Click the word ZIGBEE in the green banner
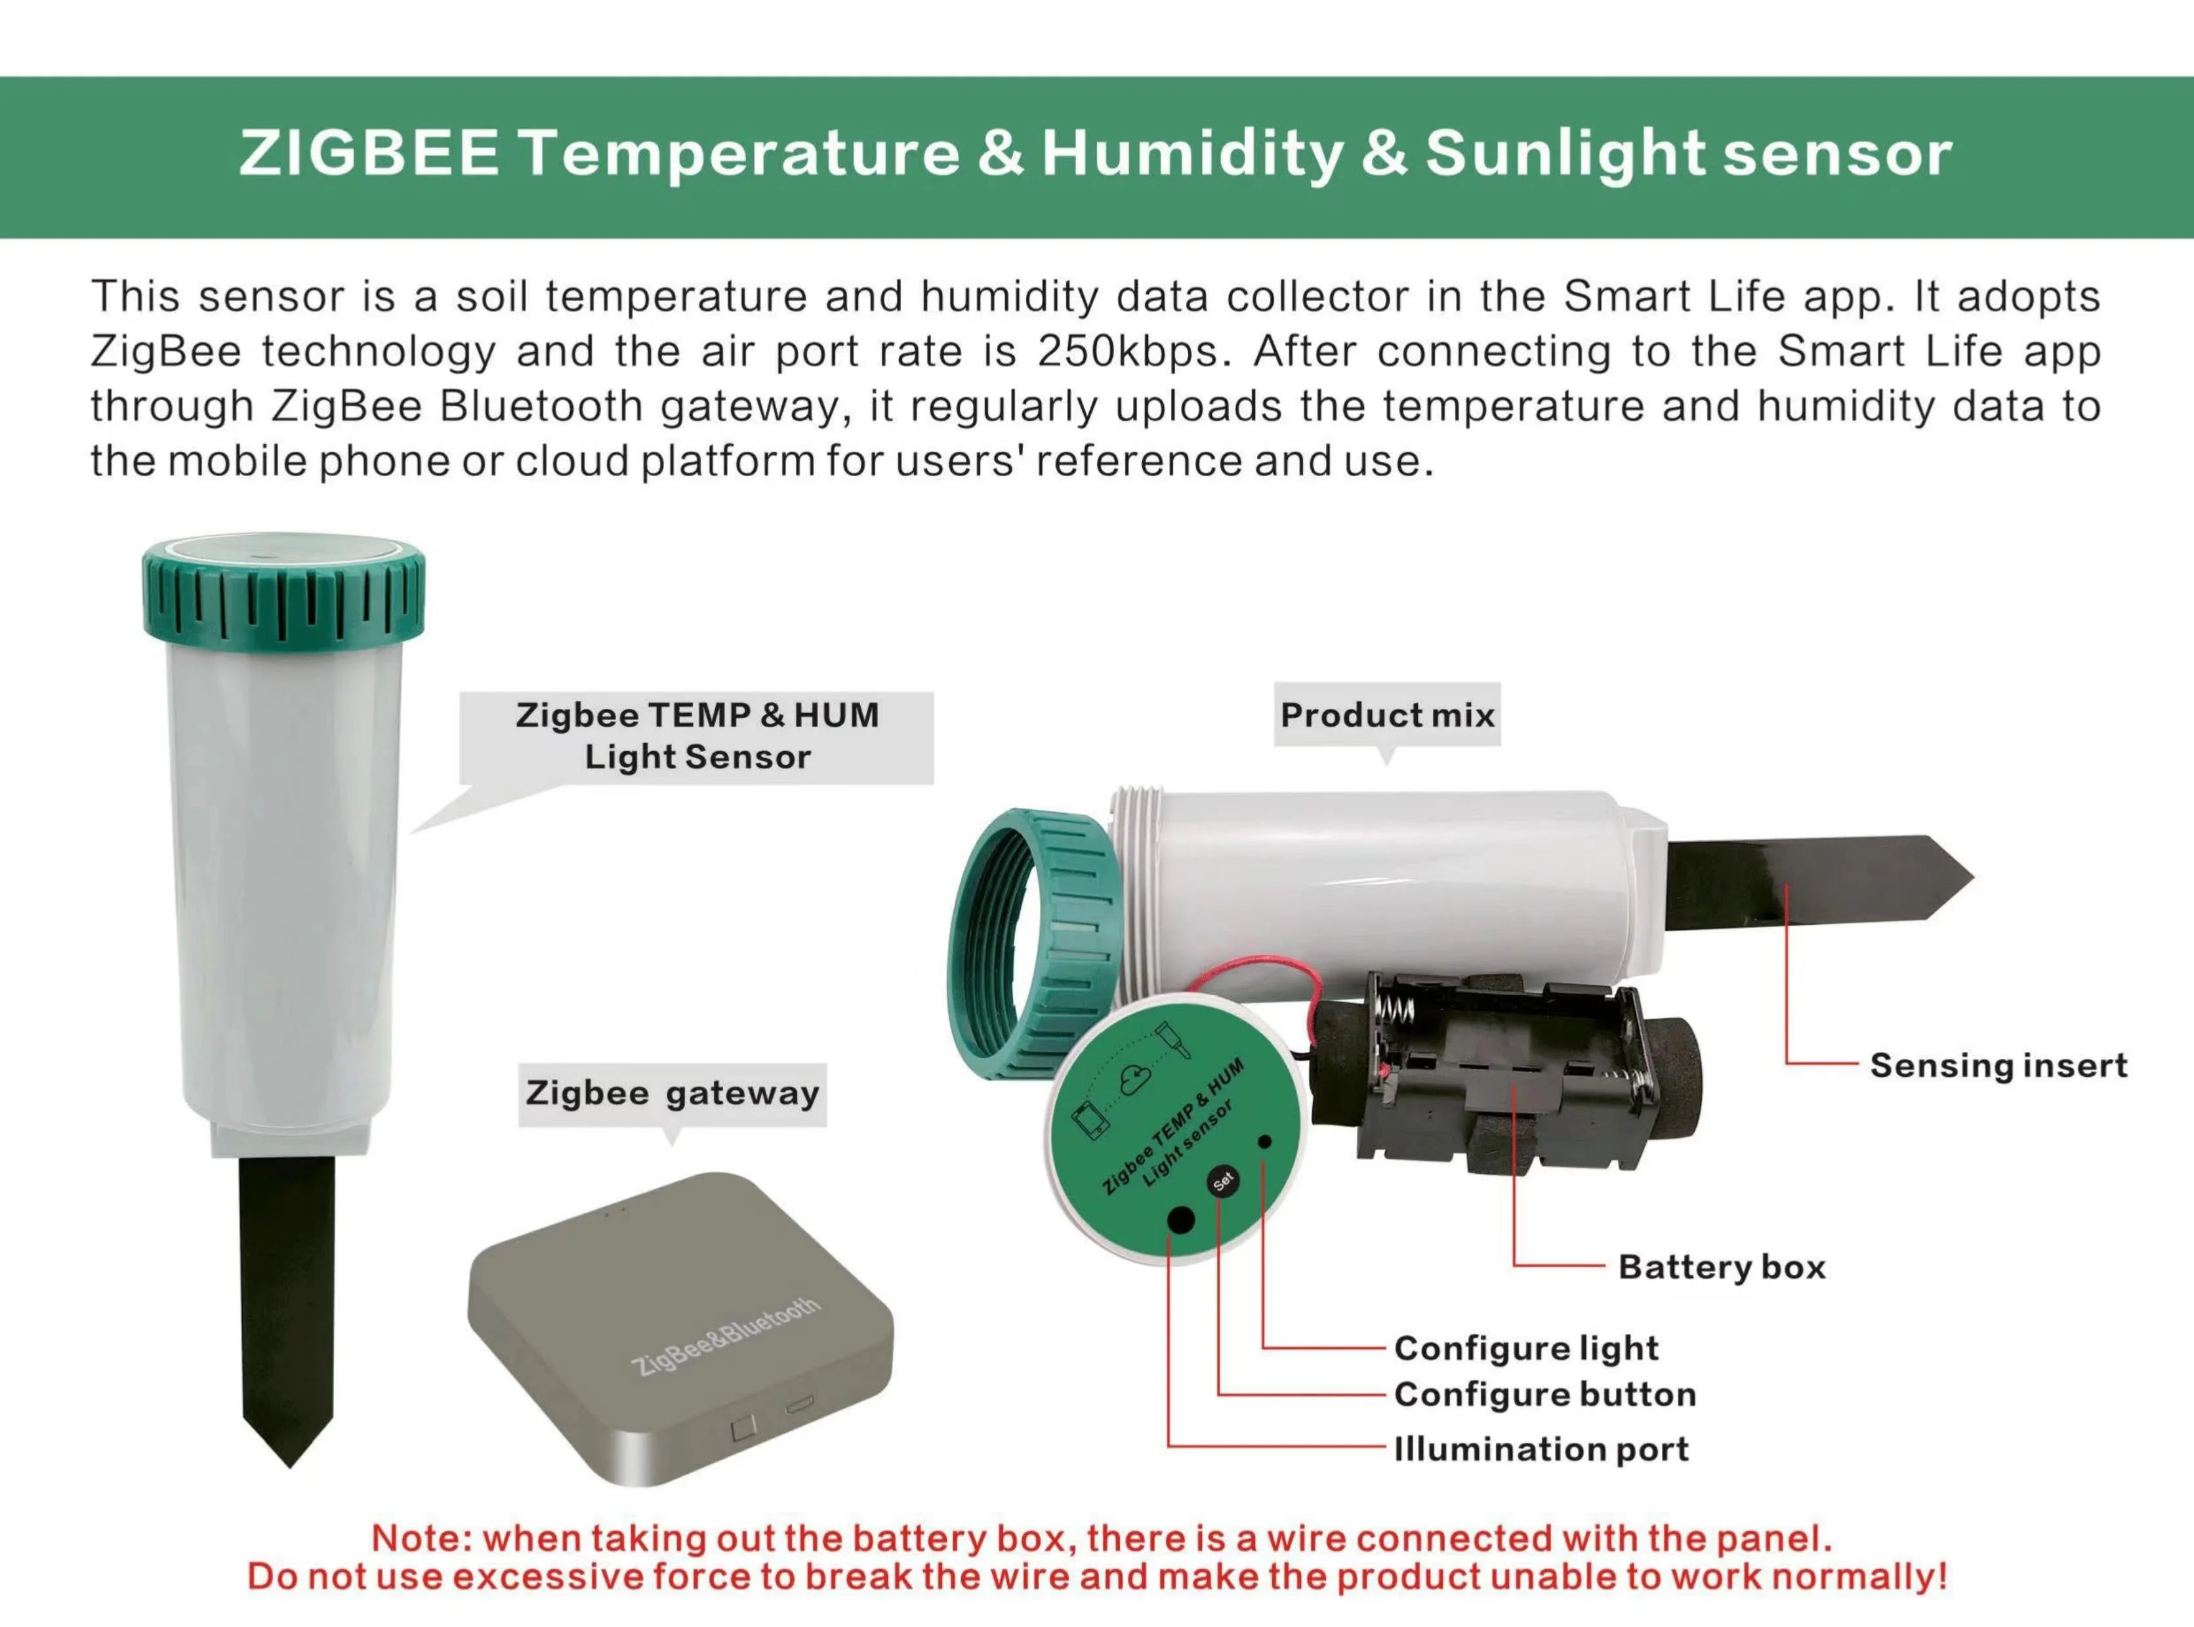(x=369, y=155)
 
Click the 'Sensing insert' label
(x=1998, y=1066)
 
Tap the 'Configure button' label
(x=1544, y=1395)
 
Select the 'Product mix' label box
(x=1387, y=715)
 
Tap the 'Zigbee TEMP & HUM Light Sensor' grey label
(x=697, y=736)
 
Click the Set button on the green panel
(x=1222, y=1181)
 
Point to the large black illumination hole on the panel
(x=1180, y=1220)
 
